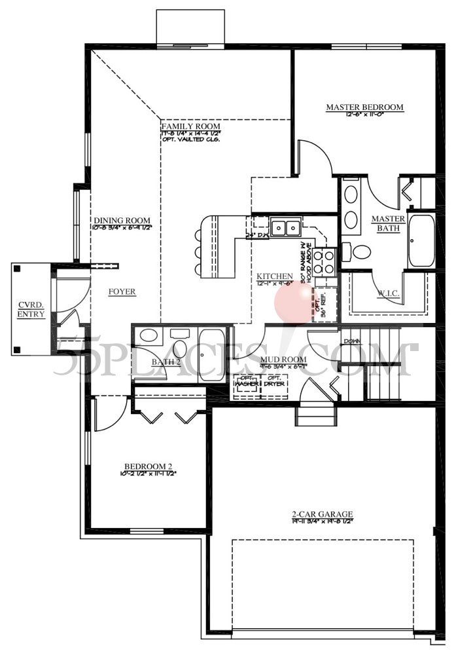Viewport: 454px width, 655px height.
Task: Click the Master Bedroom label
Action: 364,107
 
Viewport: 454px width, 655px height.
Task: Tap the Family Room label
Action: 190,126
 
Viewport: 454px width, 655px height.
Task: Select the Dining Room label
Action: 122,221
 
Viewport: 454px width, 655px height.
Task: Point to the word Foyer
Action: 122,291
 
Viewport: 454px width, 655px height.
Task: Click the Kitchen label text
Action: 275,277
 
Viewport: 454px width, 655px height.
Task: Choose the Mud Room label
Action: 279,360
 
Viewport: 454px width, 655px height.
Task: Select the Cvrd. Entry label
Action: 31,309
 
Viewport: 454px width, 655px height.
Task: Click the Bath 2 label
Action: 166,362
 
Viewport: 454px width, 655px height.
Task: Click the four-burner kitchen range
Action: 324,261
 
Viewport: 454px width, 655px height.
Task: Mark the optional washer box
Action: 247,386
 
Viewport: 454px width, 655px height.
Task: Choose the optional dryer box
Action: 275,386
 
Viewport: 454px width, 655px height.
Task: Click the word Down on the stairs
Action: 351,341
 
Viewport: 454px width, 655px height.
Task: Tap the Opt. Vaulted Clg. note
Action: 190,140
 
